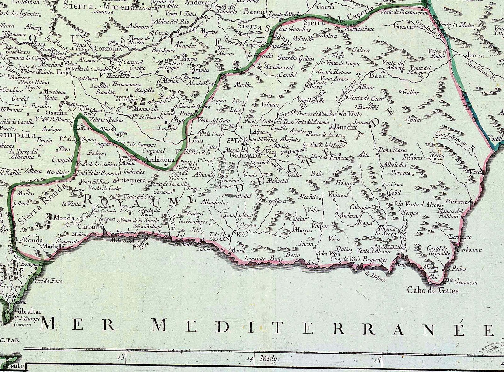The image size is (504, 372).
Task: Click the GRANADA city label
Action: click(245, 156)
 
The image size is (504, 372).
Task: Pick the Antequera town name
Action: click(131, 180)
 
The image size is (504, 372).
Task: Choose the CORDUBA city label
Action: click(106, 49)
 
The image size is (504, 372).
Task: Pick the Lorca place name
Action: click(475, 55)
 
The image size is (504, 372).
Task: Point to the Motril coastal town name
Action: click(238, 251)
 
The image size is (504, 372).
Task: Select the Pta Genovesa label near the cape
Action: click(461, 282)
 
